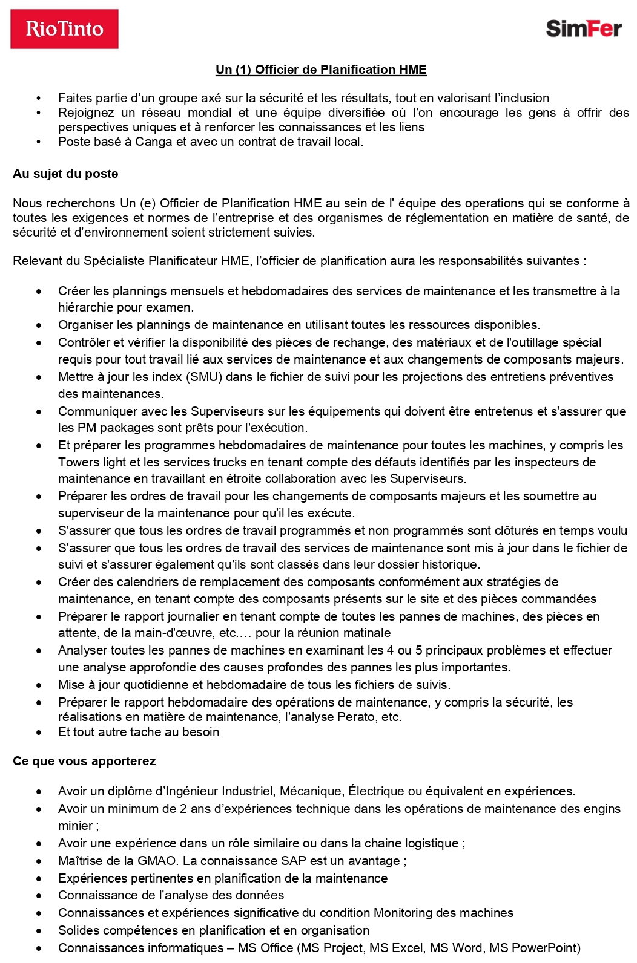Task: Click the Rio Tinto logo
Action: pyautogui.click(x=64, y=28)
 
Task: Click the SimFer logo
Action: pyautogui.click(x=584, y=28)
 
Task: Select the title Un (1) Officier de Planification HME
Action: pyautogui.click(x=321, y=70)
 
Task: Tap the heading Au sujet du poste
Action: pyautogui.click(x=65, y=174)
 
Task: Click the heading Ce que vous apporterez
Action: pyautogui.click(x=84, y=761)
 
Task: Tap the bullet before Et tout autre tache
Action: pyautogui.click(x=39, y=733)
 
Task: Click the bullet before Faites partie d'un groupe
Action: pyautogui.click(x=39, y=99)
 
